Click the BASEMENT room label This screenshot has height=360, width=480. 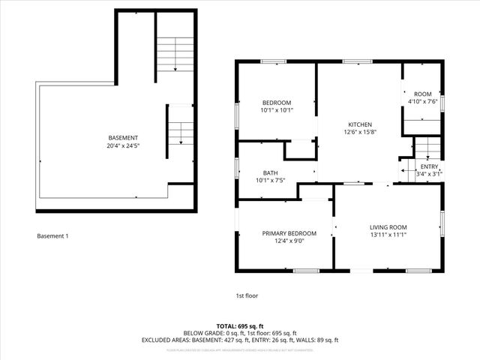[123, 137]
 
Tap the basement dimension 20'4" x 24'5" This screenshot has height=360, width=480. [123, 145]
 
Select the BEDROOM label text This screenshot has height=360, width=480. [276, 103]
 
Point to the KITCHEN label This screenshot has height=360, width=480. [360, 124]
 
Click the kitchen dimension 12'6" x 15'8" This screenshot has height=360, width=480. [360, 132]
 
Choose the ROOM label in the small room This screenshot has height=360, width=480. [422, 93]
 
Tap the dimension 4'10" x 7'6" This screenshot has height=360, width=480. [422, 100]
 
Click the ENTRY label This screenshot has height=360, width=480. [429, 166]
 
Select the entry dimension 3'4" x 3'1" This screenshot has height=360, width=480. [429, 174]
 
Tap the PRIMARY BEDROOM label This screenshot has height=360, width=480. [289, 233]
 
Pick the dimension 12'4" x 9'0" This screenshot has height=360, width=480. [289, 241]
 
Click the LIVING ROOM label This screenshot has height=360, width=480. [388, 227]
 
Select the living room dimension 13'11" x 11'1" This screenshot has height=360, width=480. [388, 235]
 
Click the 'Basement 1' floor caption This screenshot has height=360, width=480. [52, 236]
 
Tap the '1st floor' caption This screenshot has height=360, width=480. [247, 295]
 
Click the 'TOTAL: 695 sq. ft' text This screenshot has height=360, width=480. [240, 325]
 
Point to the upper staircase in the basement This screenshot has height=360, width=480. [175, 53]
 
